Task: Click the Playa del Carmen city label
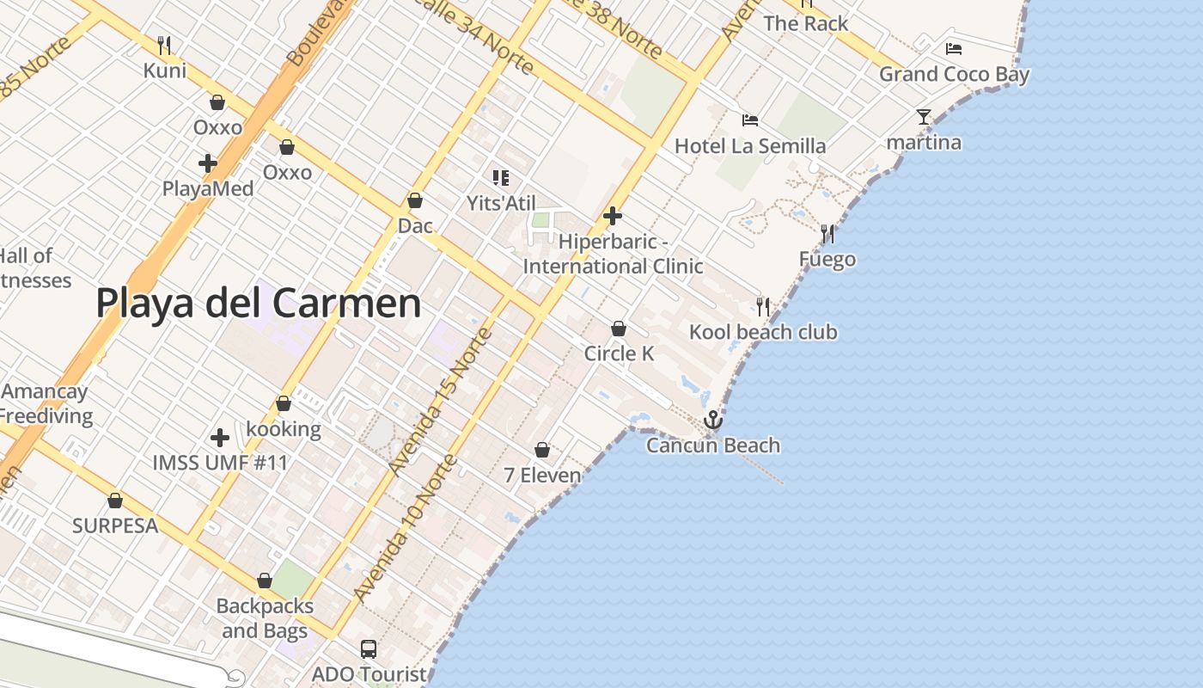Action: (x=258, y=304)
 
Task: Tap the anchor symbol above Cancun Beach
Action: (x=712, y=421)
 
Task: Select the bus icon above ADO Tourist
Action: (x=369, y=649)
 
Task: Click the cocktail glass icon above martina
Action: (x=924, y=117)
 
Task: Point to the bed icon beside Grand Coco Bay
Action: (x=953, y=49)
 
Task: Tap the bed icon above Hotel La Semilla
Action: (x=750, y=120)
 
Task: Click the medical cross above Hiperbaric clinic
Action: (x=613, y=215)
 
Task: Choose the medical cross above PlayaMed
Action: (x=208, y=163)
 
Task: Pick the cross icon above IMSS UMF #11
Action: (x=220, y=438)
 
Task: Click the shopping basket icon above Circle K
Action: (x=618, y=329)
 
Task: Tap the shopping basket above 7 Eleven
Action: (x=542, y=450)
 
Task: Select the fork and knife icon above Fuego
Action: (x=827, y=233)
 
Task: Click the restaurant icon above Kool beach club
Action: (x=763, y=306)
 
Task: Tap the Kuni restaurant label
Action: (x=164, y=70)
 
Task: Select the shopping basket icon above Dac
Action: (x=415, y=200)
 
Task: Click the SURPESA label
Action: (x=115, y=525)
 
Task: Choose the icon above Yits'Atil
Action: (x=500, y=178)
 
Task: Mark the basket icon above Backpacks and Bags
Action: (x=265, y=581)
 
